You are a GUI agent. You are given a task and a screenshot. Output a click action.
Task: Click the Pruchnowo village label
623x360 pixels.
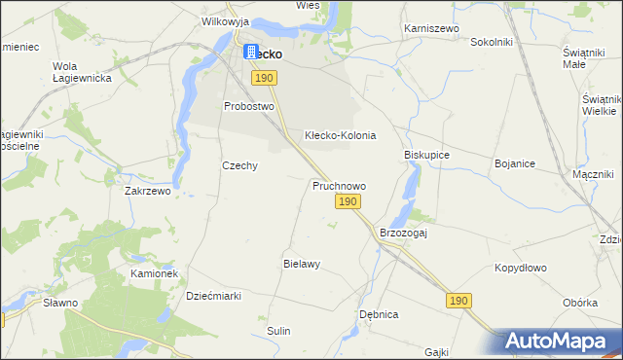339,185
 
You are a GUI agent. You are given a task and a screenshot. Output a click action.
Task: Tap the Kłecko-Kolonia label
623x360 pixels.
340,135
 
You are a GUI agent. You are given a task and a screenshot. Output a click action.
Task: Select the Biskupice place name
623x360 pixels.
426,155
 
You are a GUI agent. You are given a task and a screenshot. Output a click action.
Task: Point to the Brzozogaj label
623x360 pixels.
404,234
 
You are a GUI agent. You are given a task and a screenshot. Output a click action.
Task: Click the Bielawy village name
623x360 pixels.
302,264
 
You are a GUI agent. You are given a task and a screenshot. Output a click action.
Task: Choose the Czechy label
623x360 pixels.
239,165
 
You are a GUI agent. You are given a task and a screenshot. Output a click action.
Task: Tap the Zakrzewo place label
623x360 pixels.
148,192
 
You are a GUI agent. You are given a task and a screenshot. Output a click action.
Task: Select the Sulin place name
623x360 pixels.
279,331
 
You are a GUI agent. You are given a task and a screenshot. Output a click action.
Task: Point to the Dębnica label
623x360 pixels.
380,315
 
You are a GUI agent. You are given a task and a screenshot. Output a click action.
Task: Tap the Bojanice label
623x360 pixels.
515,163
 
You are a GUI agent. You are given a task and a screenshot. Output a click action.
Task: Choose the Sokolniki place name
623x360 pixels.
492,43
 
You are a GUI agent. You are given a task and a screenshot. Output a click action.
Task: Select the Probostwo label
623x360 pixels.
249,106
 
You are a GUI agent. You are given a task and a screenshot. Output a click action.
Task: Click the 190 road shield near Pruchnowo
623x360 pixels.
349,201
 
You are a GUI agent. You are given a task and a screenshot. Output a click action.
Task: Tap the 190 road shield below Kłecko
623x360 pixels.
263,77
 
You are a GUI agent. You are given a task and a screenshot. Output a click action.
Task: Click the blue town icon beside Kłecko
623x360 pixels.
250,53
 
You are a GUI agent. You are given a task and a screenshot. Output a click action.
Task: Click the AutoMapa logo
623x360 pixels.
561,341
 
